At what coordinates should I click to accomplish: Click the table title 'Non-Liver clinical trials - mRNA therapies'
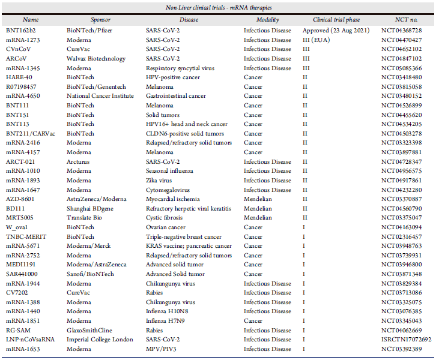(218, 7)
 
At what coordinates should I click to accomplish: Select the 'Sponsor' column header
(101, 20)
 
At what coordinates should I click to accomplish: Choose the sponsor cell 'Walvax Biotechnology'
(96, 59)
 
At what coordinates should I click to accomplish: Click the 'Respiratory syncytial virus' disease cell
(183, 68)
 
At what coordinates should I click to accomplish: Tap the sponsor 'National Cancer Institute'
(102, 96)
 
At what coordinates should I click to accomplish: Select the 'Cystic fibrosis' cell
(165, 218)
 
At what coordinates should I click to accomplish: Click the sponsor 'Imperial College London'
(100, 340)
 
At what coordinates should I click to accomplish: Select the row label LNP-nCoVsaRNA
(29, 340)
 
